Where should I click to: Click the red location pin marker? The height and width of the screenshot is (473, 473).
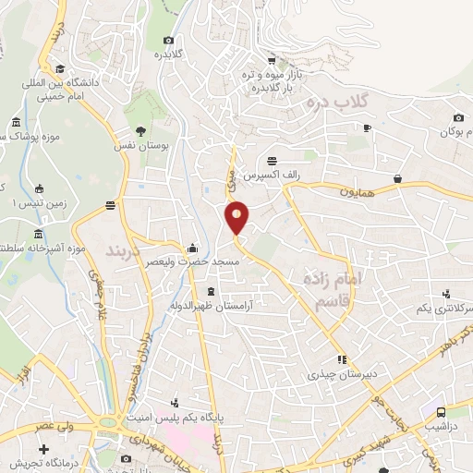point(237,217)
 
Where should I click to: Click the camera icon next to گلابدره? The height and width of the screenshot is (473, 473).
point(168,40)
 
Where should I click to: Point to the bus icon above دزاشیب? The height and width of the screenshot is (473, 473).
point(442,411)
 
